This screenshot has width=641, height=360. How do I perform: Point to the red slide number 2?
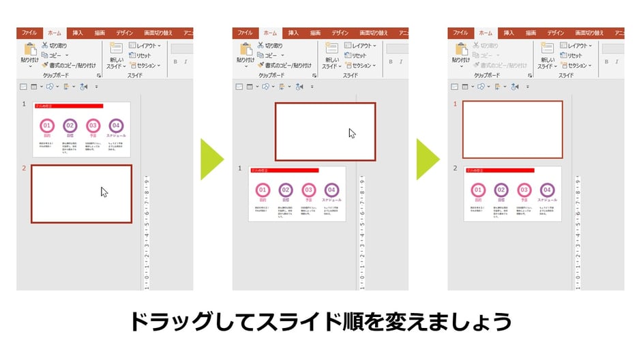pos(24,168)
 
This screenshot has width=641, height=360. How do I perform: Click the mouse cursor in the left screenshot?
pos(104,192)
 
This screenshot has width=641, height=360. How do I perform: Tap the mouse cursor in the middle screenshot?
pos(352,133)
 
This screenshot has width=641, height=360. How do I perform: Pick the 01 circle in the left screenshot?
pos(47,126)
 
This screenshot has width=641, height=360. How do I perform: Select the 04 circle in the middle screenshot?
pos(331,190)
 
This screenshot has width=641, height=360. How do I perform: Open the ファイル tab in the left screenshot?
pos(29,33)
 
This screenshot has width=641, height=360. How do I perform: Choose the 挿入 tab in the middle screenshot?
pos(293,33)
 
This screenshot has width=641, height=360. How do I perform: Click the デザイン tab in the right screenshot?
pos(556,33)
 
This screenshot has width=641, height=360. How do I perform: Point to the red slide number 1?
pos(456,104)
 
